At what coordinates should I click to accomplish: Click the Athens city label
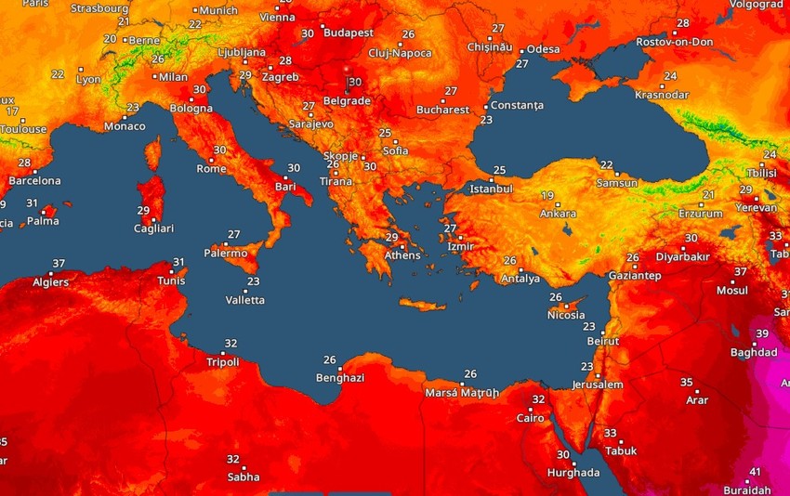click(x=402, y=255)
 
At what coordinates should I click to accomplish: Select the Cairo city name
click(x=529, y=418)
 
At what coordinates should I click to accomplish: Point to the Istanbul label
click(x=492, y=189)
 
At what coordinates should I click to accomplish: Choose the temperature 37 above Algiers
click(x=59, y=264)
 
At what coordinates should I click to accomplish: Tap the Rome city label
click(x=211, y=168)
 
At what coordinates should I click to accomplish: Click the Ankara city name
click(x=558, y=215)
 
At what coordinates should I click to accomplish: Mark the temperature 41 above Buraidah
click(x=755, y=472)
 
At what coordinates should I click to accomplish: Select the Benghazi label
click(x=339, y=378)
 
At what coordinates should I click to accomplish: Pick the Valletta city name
click(x=245, y=300)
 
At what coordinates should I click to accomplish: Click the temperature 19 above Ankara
click(x=547, y=196)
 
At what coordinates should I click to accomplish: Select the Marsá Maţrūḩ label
click(x=462, y=392)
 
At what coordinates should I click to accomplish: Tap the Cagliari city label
click(x=153, y=228)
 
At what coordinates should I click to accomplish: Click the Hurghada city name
click(x=573, y=473)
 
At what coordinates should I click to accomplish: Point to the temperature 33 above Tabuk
click(x=610, y=433)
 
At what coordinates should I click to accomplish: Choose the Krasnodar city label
click(x=662, y=95)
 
